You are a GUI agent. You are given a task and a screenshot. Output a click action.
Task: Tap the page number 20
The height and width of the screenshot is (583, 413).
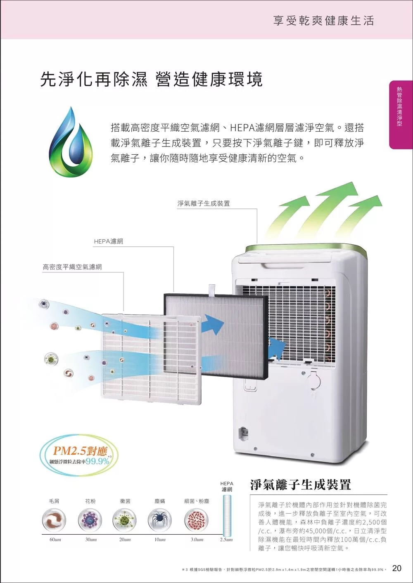point(396,568)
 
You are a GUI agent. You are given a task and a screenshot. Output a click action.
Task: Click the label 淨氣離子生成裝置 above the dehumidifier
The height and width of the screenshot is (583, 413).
point(204,203)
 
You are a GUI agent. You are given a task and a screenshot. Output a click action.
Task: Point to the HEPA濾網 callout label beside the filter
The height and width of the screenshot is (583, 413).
point(108,241)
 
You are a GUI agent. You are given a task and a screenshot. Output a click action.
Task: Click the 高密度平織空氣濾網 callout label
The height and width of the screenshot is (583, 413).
point(72,267)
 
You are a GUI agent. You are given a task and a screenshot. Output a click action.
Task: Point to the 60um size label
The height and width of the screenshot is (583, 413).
point(55,540)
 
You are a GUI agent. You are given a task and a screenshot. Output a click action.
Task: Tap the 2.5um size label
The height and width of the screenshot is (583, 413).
point(226,540)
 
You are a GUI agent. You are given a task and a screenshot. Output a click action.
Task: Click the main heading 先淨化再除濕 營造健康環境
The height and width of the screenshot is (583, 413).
point(151,79)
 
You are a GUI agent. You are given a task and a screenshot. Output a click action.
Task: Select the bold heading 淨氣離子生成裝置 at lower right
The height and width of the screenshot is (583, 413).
point(300,484)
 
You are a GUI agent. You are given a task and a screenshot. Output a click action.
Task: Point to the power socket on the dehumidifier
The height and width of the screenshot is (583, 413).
point(244,432)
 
